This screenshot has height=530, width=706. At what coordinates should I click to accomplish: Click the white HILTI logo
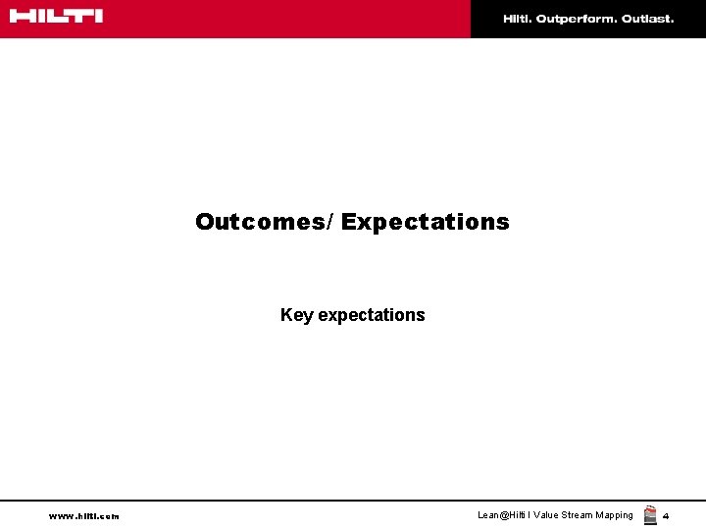[x=56, y=17]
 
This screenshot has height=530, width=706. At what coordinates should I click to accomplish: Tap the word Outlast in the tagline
[x=647, y=19]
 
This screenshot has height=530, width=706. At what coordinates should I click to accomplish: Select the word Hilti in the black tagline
[x=518, y=19]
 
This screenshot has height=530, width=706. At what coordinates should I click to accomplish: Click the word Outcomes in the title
[x=260, y=222]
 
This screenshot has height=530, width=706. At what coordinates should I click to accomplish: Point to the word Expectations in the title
[x=425, y=223]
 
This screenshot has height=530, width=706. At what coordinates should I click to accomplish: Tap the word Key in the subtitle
[x=296, y=315]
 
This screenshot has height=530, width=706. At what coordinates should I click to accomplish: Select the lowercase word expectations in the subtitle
[x=372, y=315]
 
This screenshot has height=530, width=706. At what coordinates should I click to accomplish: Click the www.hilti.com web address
[x=83, y=516]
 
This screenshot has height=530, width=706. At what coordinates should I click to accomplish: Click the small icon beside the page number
[x=650, y=515]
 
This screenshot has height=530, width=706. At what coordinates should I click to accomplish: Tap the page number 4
[x=666, y=516]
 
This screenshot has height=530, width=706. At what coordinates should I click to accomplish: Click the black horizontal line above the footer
[x=353, y=501]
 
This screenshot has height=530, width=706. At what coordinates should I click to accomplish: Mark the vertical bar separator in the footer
[x=529, y=515]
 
